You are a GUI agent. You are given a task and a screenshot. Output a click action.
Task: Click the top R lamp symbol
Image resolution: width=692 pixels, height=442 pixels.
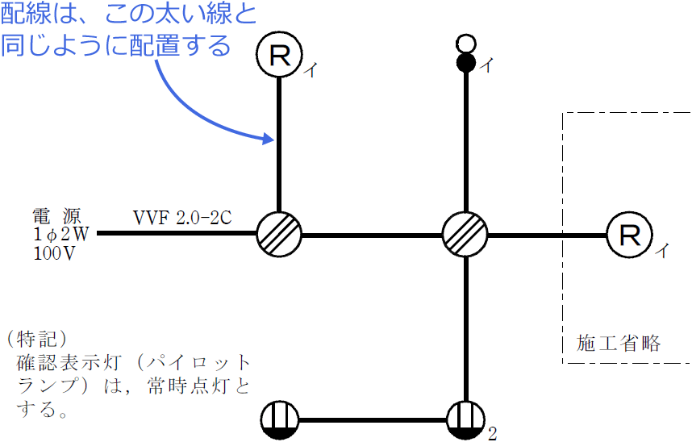coord(279,55)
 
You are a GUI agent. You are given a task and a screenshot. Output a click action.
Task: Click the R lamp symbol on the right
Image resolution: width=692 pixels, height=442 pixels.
coord(628,235)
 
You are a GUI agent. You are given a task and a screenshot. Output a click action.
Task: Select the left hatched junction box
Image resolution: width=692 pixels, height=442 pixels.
coord(279,235)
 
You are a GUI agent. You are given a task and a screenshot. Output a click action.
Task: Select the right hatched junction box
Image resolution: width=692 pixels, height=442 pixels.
coord(465,235)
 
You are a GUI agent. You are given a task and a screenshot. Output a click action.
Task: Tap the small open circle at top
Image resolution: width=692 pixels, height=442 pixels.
coord(465,43)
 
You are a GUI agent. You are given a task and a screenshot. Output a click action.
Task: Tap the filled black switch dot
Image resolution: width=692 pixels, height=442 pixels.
coord(465,63)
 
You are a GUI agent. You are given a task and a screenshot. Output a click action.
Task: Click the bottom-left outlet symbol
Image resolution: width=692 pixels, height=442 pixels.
coord(280,420)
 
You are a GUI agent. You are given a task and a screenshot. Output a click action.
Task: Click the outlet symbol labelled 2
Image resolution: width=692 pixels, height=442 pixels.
coord(466,420)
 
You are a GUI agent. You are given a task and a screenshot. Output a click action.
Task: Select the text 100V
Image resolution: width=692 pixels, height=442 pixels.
coord(55,253)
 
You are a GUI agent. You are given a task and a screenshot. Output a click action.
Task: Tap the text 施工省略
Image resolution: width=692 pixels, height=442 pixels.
coord(619,343)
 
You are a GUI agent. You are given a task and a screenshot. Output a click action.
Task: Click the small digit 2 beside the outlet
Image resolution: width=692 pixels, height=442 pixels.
coord(491,434)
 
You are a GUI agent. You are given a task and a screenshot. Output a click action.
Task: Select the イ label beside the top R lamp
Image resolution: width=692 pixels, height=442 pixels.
coord(310,71)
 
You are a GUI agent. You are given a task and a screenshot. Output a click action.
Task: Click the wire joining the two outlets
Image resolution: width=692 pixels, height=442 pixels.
coord(373,420)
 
